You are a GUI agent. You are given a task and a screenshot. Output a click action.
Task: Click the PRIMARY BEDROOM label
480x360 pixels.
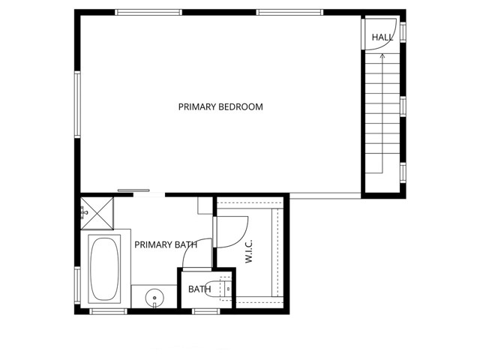point(220,106)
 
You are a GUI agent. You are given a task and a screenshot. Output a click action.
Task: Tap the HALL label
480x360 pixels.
point(382,37)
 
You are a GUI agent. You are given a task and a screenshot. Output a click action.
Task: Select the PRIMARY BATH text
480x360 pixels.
point(166,244)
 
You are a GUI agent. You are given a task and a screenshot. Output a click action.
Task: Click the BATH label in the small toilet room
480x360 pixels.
point(199,289)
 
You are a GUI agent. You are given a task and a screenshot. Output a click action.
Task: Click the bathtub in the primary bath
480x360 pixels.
point(103,268)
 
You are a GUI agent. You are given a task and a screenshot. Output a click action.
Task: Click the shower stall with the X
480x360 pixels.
point(97,211)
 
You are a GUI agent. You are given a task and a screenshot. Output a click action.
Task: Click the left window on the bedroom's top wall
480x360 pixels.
point(148,12)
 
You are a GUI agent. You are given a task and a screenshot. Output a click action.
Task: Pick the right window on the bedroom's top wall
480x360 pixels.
point(289,12)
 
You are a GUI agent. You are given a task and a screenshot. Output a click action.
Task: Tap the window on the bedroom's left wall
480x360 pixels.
point(76,104)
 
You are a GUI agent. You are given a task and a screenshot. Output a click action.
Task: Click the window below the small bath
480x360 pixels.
point(205,310)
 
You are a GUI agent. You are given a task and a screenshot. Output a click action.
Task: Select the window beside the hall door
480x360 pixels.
point(403,31)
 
